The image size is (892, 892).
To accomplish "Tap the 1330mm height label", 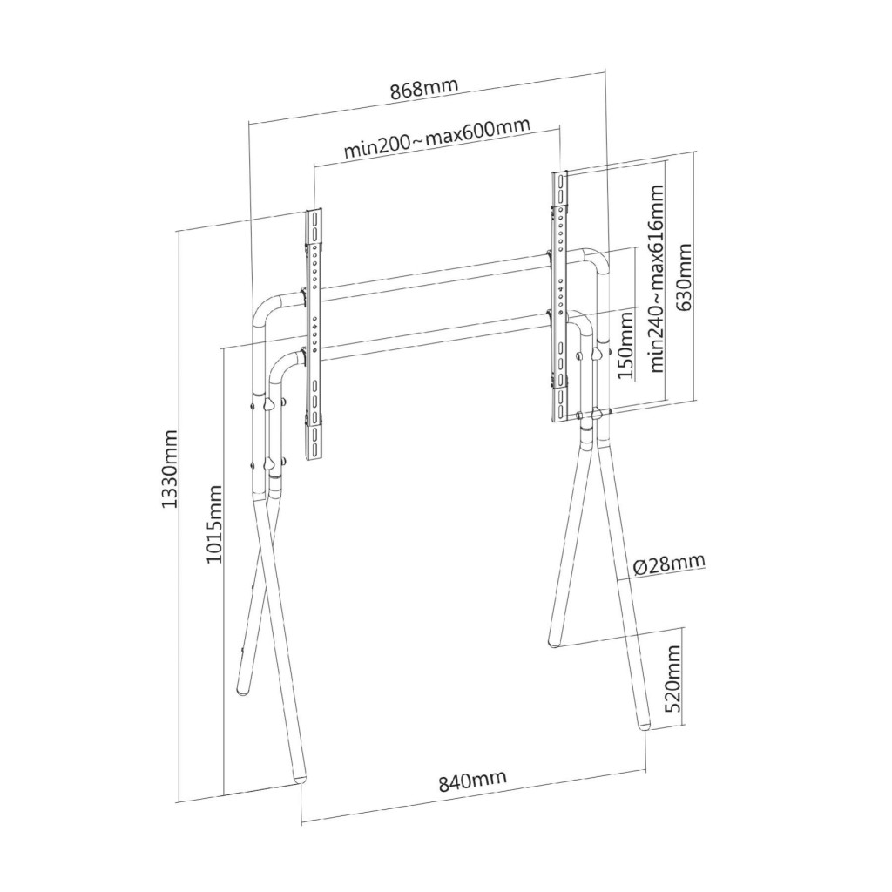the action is (170, 470).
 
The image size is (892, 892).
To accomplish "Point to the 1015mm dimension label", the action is (214, 524).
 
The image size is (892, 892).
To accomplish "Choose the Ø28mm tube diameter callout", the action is (669, 565).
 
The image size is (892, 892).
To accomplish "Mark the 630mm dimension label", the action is (683, 277).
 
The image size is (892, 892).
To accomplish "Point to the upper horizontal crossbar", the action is (436, 277).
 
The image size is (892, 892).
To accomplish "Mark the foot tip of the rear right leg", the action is (553, 645).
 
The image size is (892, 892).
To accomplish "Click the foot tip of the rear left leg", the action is (243, 692).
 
